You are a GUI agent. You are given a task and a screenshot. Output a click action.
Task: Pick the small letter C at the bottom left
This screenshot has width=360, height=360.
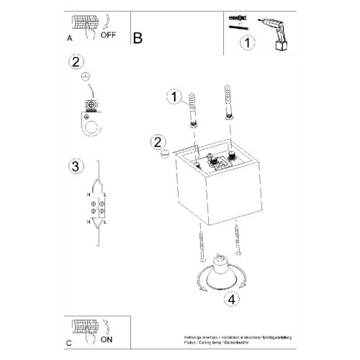coord(68,342)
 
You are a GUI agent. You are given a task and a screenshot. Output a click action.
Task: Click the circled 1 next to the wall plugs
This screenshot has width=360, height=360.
coord(172,96)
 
